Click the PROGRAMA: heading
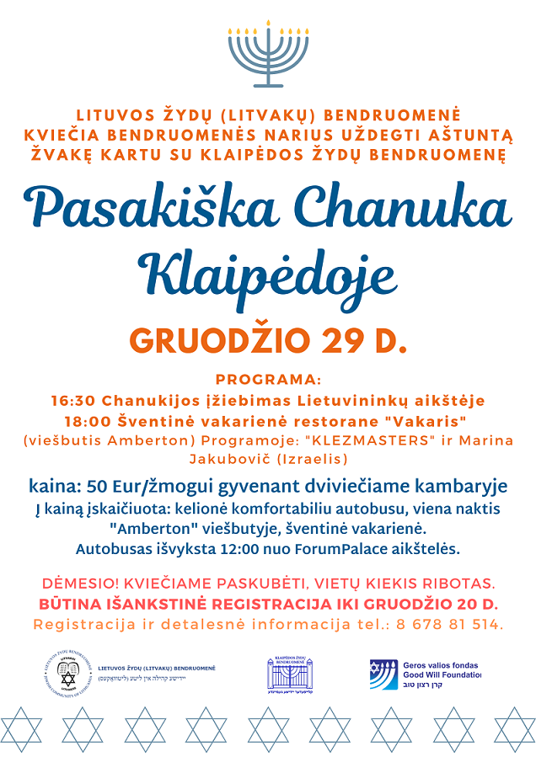[x=268, y=379]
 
